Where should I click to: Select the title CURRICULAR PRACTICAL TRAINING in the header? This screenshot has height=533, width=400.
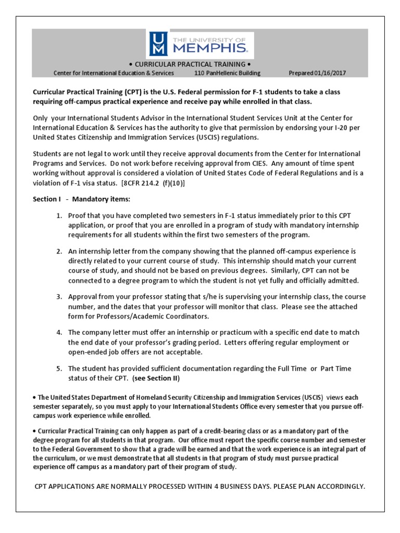click(x=199, y=64)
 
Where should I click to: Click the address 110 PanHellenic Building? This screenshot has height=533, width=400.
click(x=227, y=73)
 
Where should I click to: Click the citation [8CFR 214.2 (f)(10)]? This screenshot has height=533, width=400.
click(x=153, y=183)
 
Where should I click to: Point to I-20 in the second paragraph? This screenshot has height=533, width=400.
click(x=339, y=128)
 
